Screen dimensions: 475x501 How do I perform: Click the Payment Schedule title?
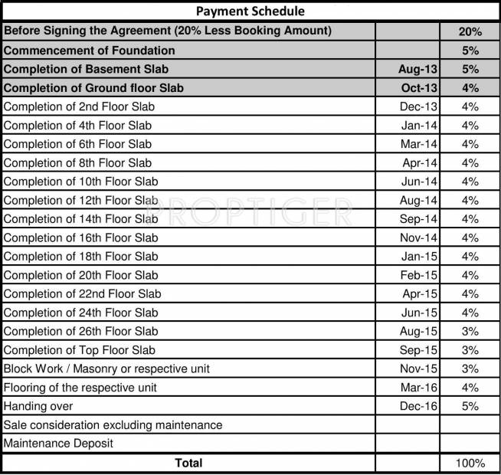(250, 11)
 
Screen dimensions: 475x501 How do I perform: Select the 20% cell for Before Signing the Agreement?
(470, 31)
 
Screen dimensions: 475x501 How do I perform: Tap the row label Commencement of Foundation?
(90, 51)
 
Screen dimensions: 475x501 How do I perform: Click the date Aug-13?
(417, 69)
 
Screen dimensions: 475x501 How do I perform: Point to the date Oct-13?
(418, 88)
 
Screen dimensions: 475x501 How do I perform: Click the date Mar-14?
(418, 144)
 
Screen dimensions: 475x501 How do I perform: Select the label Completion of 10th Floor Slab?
(80, 182)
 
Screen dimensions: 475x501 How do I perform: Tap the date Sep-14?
(418, 218)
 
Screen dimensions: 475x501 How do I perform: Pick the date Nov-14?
(418, 237)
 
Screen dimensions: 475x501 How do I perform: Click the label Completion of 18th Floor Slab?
(80, 256)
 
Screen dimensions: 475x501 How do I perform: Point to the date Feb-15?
(418, 275)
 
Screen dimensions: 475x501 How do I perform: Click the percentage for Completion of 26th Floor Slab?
(470, 331)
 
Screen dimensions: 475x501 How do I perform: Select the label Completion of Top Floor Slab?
(79, 350)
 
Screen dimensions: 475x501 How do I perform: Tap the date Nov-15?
(418, 369)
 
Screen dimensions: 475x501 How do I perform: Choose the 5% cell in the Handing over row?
(470, 406)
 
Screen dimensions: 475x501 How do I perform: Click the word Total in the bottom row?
(188, 463)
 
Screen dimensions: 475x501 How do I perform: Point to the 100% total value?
(470, 463)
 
